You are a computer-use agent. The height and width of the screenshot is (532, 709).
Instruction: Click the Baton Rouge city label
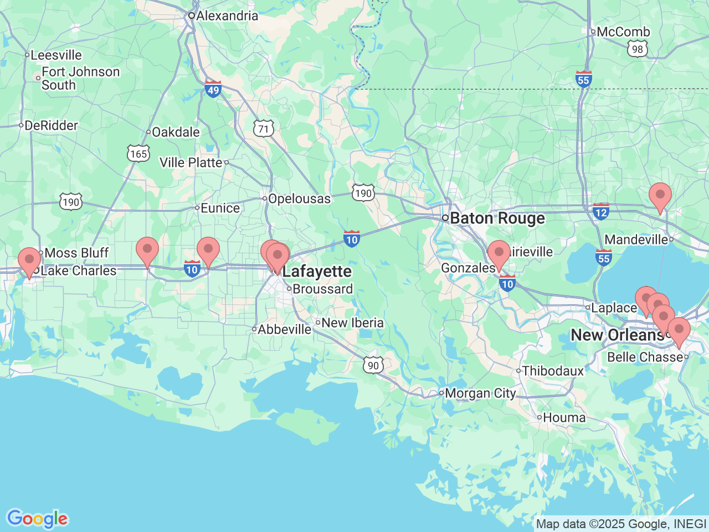point(497,218)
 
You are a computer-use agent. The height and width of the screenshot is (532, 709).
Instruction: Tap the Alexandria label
point(227,16)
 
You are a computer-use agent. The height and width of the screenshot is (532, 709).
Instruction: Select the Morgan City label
point(480,393)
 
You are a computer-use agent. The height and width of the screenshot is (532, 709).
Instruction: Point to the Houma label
point(564,418)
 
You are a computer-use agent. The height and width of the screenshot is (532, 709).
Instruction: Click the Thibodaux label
point(552,371)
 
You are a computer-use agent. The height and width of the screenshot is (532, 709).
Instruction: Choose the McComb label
point(623,32)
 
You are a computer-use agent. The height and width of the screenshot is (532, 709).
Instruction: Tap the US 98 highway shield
point(638,49)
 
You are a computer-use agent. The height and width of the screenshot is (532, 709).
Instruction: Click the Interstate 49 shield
point(213,89)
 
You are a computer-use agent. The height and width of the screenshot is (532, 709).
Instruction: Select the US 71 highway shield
point(263,129)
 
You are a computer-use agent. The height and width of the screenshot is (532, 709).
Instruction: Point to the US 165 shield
point(138,154)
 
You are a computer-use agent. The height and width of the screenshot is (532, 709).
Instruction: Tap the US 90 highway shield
point(374,365)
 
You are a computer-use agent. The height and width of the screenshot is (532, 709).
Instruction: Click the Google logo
point(37,519)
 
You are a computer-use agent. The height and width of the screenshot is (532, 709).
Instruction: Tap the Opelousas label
point(299,199)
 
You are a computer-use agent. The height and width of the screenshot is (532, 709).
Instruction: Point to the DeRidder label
point(51,126)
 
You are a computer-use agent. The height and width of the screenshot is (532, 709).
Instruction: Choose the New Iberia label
point(352,323)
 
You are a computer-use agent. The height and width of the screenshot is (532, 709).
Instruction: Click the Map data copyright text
point(621,524)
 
